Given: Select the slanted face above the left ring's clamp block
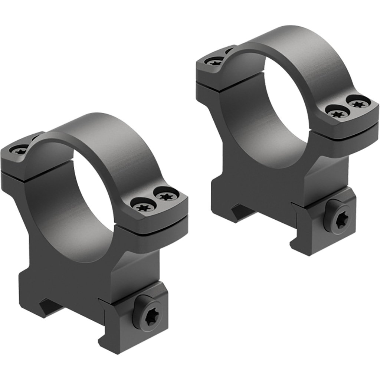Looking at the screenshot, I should pyautogui.click(x=137, y=275).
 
